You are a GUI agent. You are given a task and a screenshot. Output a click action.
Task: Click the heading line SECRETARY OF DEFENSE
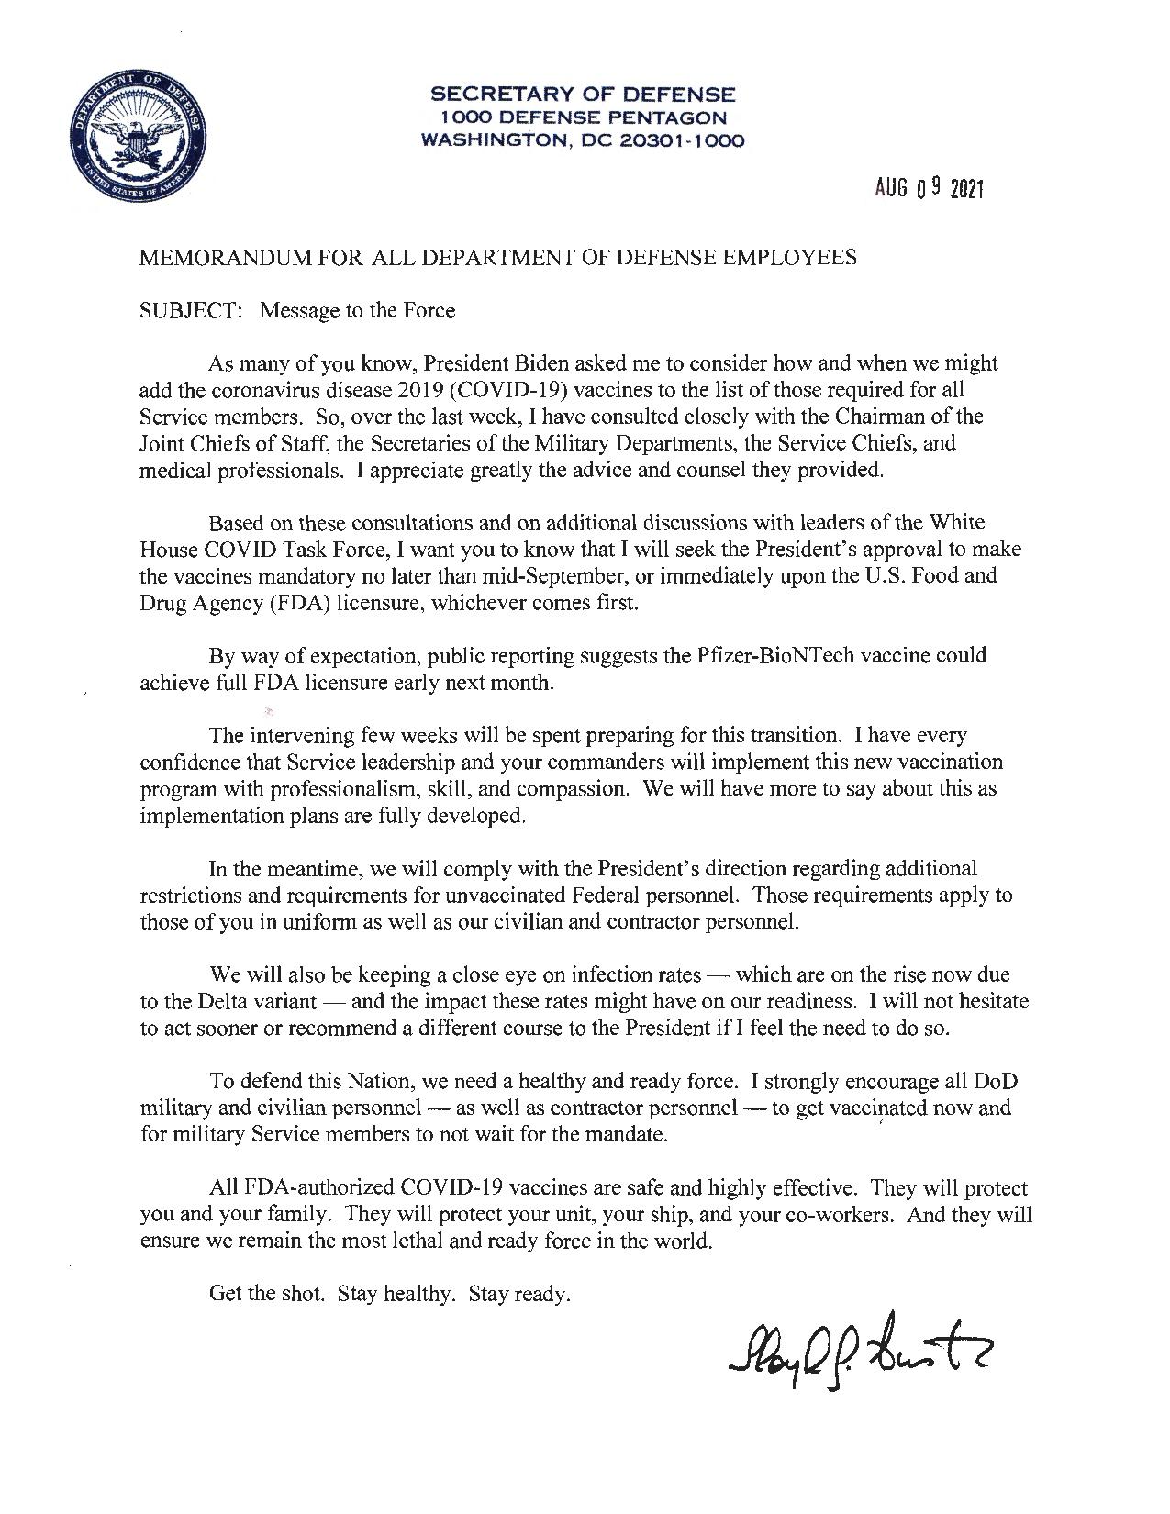click(583, 95)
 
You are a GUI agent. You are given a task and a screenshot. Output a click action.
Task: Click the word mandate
click(629, 1134)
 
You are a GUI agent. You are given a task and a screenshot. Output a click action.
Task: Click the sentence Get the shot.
click(267, 1294)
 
